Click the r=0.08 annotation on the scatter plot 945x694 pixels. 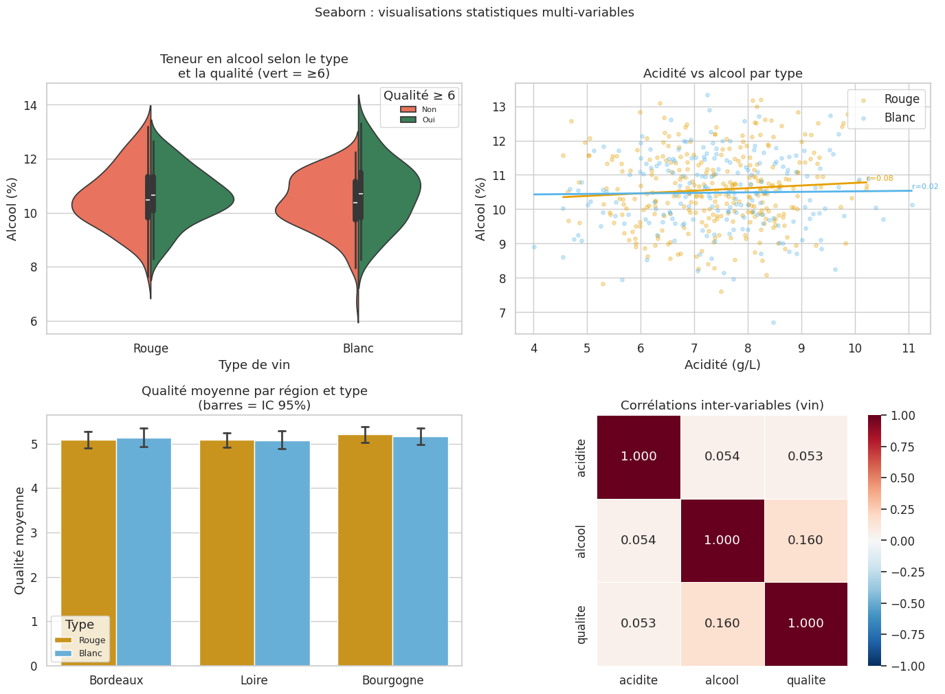click(x=880, y=179)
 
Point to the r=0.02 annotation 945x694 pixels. click(x=925, y=186)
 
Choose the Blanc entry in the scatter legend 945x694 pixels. click(x=900, y=117)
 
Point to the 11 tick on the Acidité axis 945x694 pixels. click(x=909, y=348)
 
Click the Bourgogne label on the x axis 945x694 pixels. click(x=392, y=680)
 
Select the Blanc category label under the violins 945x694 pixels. click(x=358, y=348)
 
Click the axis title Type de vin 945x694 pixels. click(x=254, y=365)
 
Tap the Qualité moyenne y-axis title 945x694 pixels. click(x=20, y=540)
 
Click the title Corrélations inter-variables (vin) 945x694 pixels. click(x=722, y=405)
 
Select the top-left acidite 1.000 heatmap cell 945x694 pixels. click(x=638, y=456)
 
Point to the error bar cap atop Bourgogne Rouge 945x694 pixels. click(x=365, y=427)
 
